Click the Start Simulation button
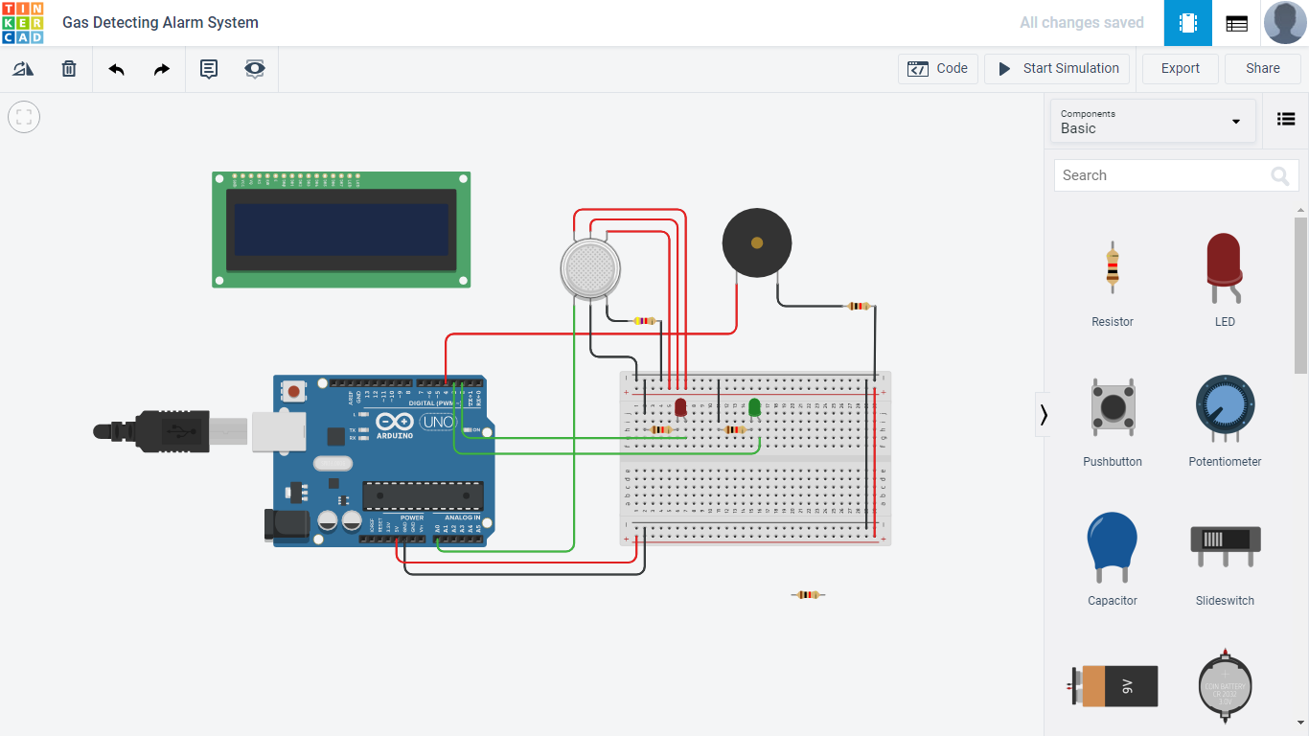(1057, 69)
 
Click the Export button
(1180, 69)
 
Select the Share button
(1262, 69)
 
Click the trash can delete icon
(69, 69)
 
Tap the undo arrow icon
(116, 69)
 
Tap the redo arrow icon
(162, 69)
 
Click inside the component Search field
(1160, 175)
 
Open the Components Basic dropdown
(1153, 121)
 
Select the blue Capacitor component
(1113, 544)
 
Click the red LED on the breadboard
(680, 407)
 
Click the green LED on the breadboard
(754, 407)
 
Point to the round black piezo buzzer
(757, 243)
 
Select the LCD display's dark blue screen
(341, 230)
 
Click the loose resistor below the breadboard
(808, 595)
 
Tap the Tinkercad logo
(23, 23)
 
